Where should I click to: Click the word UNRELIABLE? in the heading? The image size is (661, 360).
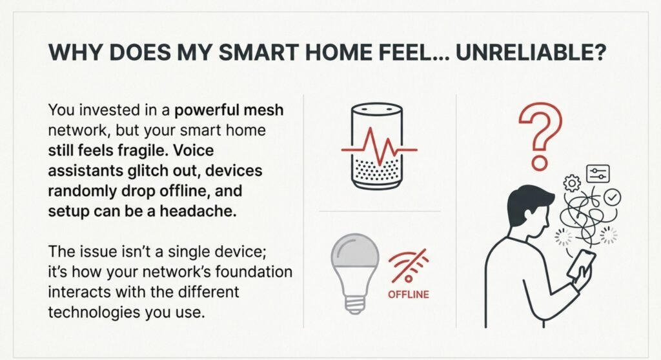pos(531,52)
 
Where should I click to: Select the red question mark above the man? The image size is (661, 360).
pos(540,135)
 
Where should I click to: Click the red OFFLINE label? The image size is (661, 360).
pos(408,294)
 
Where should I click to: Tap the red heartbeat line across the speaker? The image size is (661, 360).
pos(379,148)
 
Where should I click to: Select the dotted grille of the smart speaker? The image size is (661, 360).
pos(377,170)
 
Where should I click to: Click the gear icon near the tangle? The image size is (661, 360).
pos(572,183)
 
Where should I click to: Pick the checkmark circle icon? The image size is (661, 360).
pos(612,197)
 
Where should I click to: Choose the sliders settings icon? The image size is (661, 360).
pos(598,174)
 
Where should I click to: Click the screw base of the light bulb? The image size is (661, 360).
pos(355,305)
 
